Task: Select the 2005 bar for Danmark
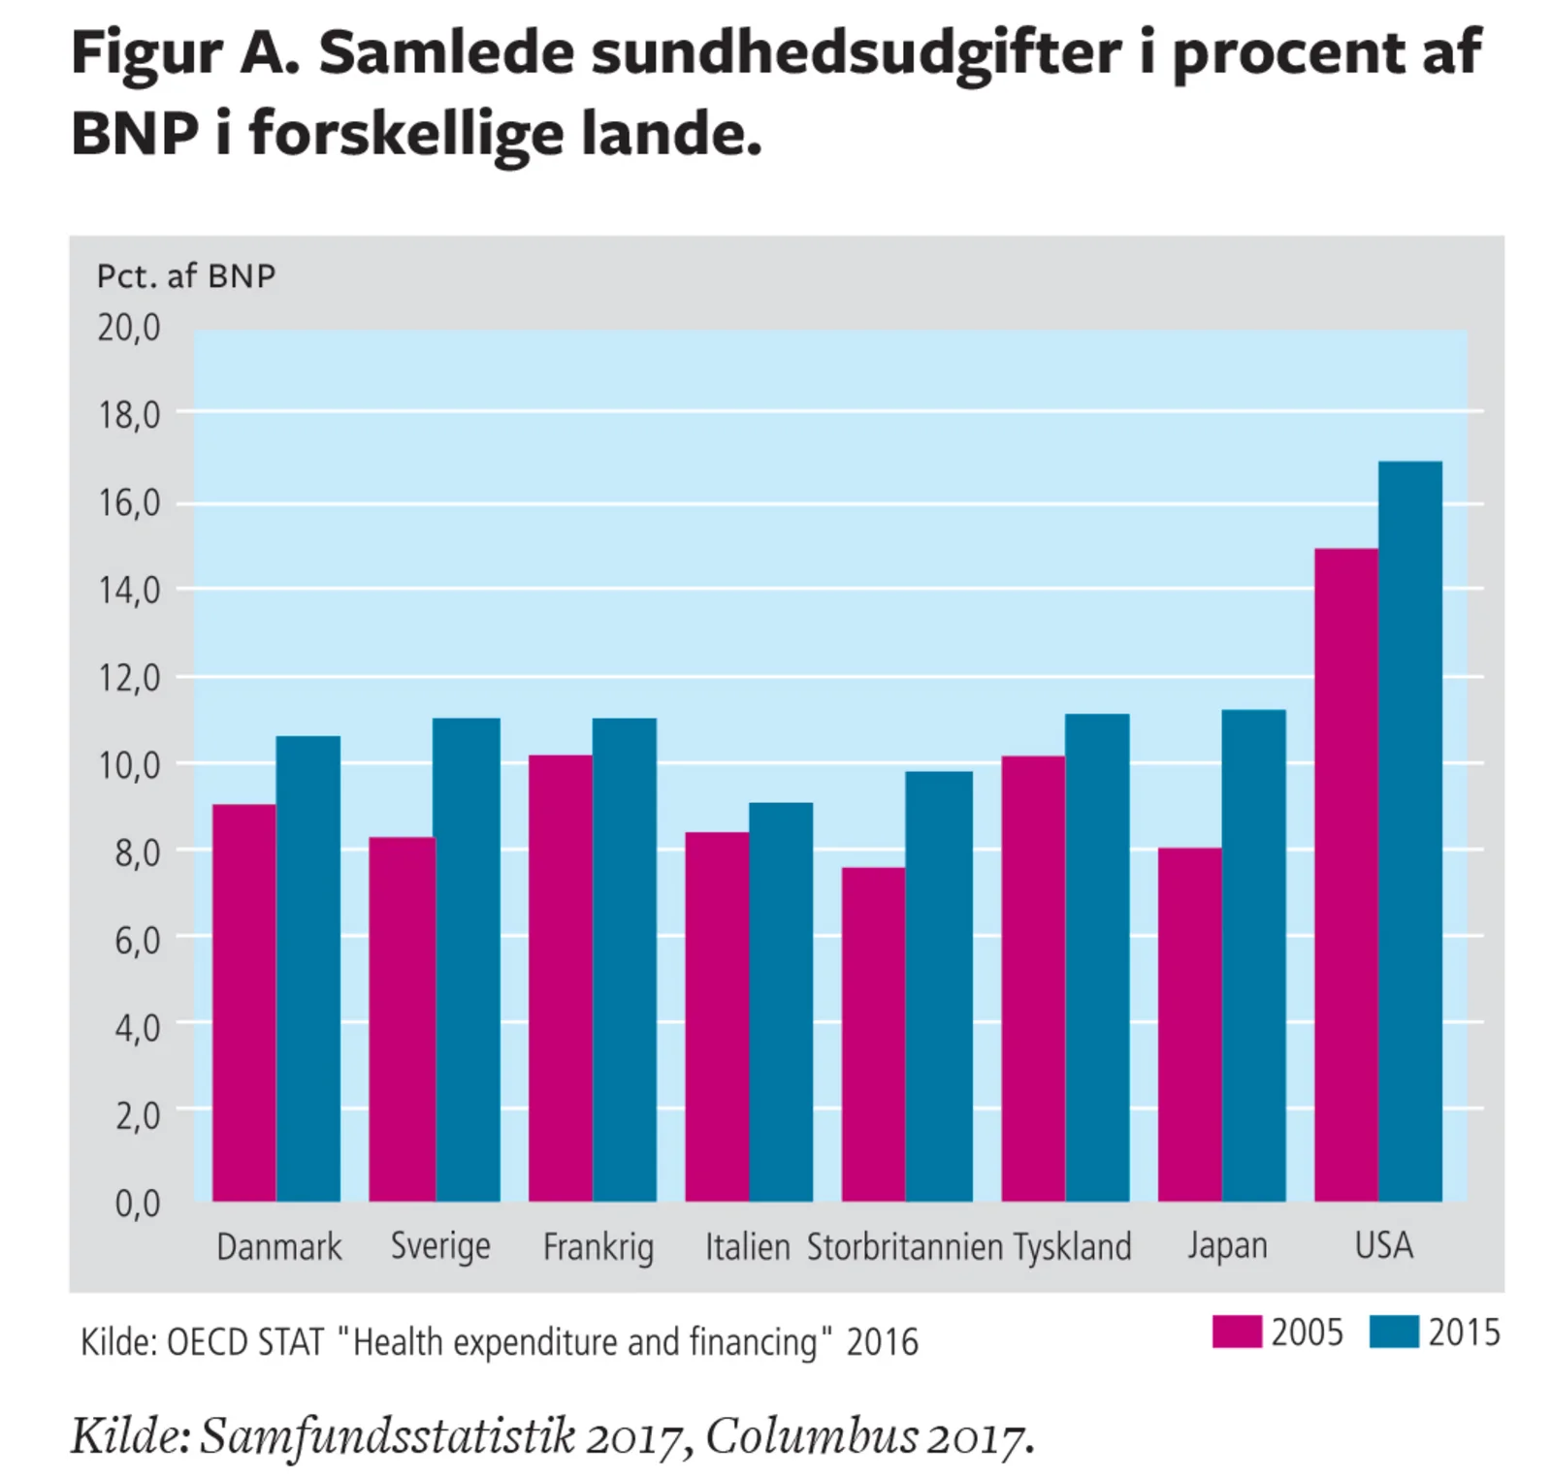point(244,1003)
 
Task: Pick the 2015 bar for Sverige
point(468,960)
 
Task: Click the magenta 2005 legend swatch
point(1237,1332)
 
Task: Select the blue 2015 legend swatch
point(1394,1332)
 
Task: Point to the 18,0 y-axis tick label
point(129,415)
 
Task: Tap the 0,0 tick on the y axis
point(137,1204)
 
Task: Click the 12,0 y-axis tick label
point(129,678)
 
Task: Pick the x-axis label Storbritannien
point(904,1247)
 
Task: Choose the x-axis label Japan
point(1227,1245)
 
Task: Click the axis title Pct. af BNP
point(186,276)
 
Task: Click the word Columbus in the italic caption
point(811,1437)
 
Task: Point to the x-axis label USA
point(1383,1245)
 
